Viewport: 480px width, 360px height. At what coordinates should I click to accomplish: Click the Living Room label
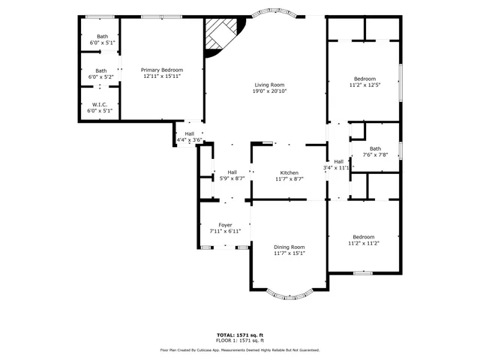269,85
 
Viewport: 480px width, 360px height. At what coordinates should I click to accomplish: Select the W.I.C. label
100,105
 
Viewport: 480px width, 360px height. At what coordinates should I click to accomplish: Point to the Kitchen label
289,172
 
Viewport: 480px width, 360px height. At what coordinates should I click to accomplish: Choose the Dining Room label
289,247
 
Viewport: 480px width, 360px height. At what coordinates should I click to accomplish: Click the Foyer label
225,225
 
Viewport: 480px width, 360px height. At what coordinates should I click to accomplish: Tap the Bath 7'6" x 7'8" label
374,148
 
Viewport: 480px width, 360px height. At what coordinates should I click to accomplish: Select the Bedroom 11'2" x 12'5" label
365,79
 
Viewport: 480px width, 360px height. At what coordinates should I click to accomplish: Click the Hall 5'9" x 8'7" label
232,172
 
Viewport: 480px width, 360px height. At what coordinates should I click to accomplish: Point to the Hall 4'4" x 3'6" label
190,134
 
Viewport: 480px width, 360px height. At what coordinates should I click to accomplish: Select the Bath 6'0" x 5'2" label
100,70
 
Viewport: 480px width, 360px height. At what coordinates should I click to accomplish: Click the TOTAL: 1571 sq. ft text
240,334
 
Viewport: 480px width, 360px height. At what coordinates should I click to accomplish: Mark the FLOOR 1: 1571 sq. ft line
240,340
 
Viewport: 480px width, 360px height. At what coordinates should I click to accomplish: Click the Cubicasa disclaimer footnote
240,349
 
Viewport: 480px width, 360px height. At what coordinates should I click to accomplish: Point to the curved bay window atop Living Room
273,13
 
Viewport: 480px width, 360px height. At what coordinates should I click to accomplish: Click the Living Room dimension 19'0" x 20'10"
269,91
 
